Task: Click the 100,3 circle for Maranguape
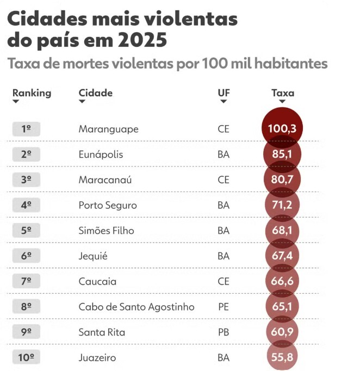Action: [x=282, y=128]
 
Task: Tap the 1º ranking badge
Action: [x=26, y=129]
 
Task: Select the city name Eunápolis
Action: [x=101, y=154]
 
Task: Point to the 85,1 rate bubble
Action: [x=282, y=154]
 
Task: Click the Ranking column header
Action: [x=32, y=92]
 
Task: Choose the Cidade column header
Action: [x=96, y=92]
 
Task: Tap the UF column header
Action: [x=224, y=92]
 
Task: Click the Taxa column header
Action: [x=283, y=93]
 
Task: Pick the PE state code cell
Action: [x=224, y=307]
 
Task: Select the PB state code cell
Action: [x=224, y=332]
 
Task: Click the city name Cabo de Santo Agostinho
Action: [x=136, y=307]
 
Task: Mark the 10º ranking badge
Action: [x=26, y=357]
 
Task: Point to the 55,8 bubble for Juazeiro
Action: [x=282, y=357]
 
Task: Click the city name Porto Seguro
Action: [x=108, y=205]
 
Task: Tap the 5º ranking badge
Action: [x=26, y=230]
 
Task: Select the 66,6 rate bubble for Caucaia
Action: [x=282, y=281]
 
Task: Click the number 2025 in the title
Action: [x=142, y=40]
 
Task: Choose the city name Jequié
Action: [x=93, y=256]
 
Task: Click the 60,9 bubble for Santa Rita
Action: [x=282, y=332]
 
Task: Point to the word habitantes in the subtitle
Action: [x=291, y=64]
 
